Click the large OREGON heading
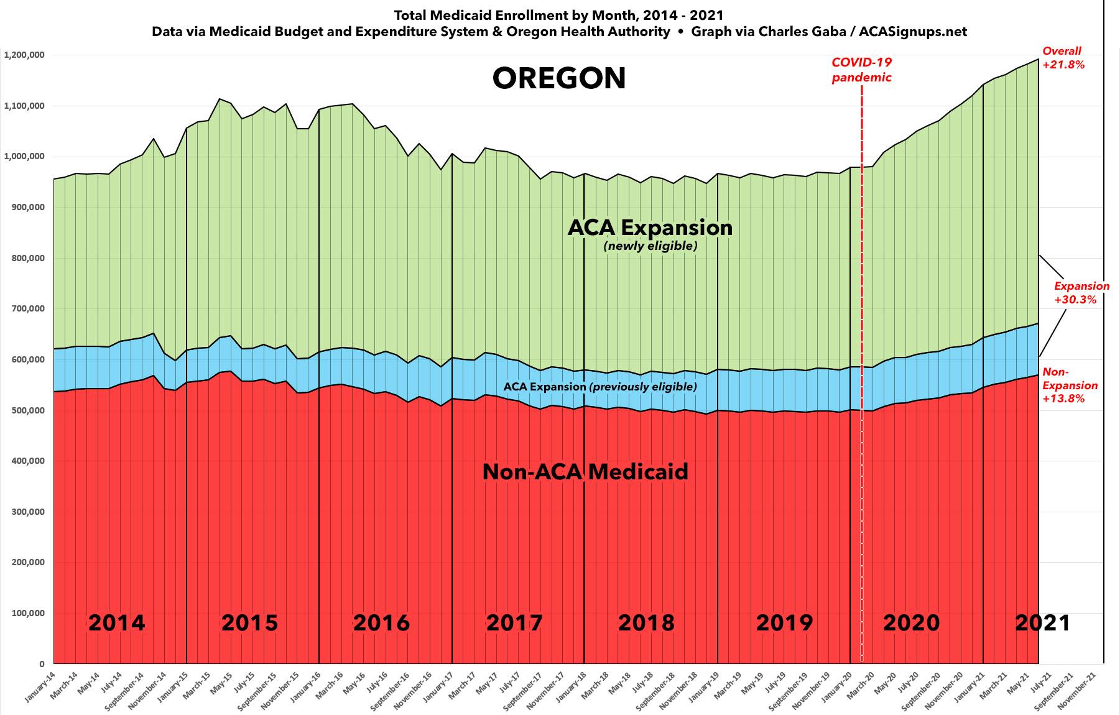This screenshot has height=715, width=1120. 559,79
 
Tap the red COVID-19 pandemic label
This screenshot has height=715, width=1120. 861,70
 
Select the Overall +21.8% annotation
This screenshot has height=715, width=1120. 1063,57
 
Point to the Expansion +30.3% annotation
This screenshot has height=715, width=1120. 1081,292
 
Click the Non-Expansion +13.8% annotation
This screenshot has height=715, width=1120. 1070,385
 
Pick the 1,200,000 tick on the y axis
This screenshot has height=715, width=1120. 24,55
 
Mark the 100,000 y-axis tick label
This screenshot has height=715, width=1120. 26,613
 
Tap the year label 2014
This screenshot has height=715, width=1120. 116,622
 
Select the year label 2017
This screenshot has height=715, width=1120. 514,622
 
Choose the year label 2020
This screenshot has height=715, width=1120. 911,622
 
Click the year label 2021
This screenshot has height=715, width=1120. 1042,622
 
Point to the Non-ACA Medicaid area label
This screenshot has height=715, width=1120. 585,472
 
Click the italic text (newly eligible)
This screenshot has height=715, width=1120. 650,246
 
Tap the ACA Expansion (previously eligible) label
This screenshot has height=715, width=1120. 599,387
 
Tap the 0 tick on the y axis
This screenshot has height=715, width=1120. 41,664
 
